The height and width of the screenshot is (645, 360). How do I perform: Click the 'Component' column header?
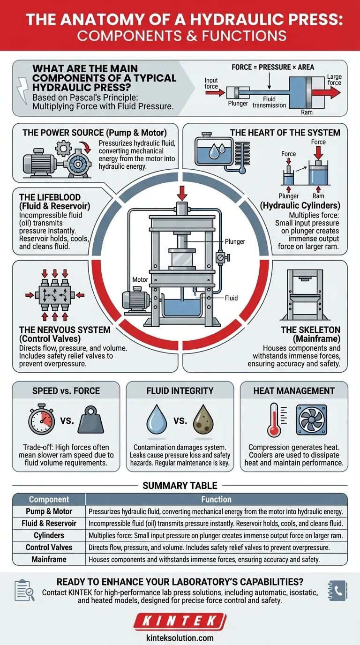[x=49, y=500]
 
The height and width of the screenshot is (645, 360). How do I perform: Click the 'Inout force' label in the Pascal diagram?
[x=211, y=83]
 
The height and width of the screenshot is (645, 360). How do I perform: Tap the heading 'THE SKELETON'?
[x=310, y=330]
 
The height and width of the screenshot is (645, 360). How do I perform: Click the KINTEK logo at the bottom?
[x=180, y=622]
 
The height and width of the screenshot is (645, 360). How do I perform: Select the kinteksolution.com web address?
[x=180, y=637]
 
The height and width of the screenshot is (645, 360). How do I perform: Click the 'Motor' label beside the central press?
[x=140, y=280]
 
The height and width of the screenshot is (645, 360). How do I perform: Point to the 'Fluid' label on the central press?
[x=231, y=298]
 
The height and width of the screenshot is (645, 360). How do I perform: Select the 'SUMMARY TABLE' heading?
[x=180, y=485]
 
